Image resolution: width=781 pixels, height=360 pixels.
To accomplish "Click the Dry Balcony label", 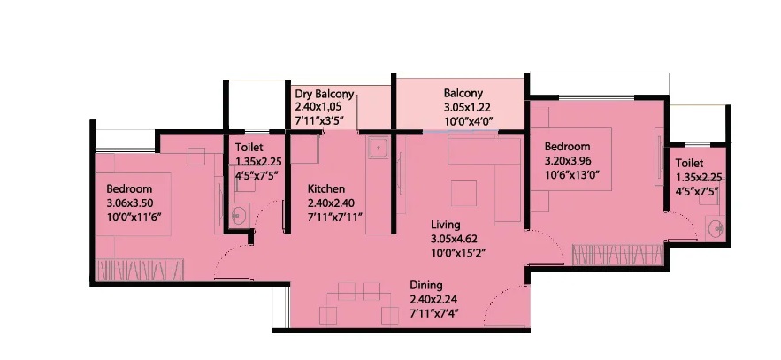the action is (x=325, y=94).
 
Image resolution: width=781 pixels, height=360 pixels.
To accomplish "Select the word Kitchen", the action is (x=326, y=189).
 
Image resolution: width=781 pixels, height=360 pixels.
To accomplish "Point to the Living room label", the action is (x=445, y=225).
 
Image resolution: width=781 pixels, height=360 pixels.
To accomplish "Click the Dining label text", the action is (x=425, y=286).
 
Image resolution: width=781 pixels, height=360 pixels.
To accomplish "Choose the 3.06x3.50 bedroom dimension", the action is (x=129, y=203).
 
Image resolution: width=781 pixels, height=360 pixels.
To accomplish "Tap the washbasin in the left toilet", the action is (x=238, y=217).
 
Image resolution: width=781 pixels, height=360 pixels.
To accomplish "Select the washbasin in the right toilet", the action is (x=716, y=228).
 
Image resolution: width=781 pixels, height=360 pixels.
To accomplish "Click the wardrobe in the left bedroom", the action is (x=140, y=271).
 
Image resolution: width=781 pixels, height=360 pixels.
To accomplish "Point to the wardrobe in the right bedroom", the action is (x=617, y=255).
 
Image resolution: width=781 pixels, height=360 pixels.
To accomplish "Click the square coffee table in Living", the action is (x=463, y=194).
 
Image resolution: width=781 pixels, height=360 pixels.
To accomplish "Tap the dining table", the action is (x=358, y=303).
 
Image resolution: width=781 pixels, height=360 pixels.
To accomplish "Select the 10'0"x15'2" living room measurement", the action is (x=458, y=253).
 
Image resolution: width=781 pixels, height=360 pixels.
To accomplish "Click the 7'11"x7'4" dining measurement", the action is (x=433, y=314).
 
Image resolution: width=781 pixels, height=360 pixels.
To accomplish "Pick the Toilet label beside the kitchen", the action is (x=249, y=148).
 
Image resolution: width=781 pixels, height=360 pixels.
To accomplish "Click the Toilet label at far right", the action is (x=689, y=164).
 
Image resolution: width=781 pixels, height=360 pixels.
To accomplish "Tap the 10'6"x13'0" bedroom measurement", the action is (x=571, y=175).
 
